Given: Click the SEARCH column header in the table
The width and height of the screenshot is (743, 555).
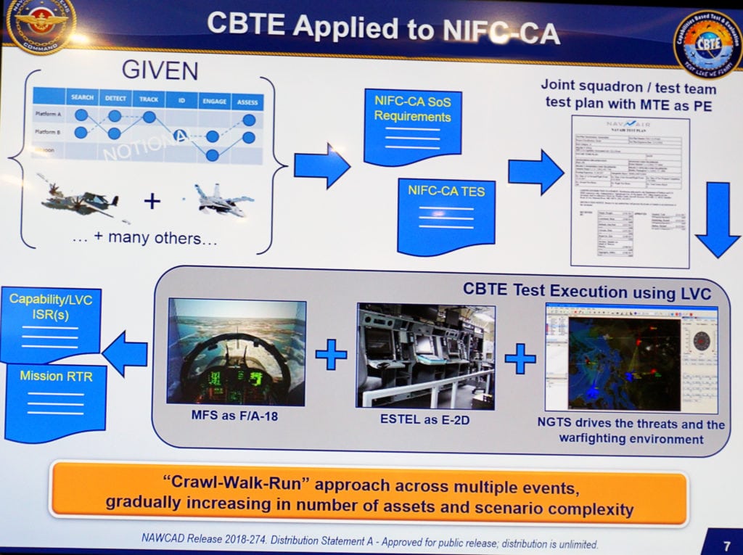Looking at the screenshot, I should click(81, 98).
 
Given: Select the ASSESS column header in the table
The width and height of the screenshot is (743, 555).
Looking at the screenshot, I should click(247, 102).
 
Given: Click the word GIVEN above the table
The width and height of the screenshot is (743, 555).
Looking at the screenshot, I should click(159, 70).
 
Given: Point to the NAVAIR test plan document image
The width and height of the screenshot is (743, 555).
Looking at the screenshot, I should click(629, 191).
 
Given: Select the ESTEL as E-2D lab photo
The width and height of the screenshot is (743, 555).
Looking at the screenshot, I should click(425, 355).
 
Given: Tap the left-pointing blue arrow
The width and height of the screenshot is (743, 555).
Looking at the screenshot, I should click(125, 353).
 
